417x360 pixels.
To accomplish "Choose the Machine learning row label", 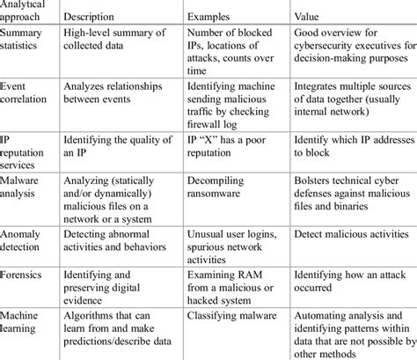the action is [26, 322].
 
